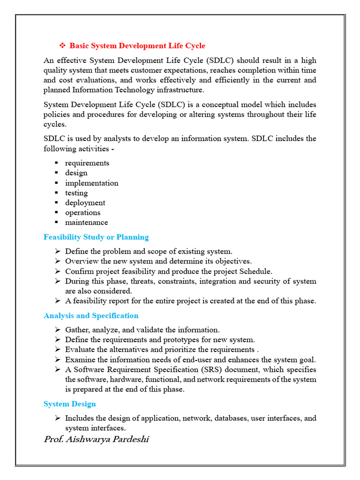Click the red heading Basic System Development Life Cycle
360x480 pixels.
click(x=137, y=46)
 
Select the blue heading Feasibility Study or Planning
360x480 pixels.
click(x=96, y=237)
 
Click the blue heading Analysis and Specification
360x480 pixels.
click(x=91, y=315)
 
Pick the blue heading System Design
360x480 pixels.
click(x=70, y=404)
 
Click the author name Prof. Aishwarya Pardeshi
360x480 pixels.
click(x=97, y=439)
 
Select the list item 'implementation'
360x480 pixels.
click(x=91, y=183)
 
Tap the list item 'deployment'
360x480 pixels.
click(x=85, y=202)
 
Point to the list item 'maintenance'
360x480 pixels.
click(x=86, y=222)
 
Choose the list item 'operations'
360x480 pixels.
click(x=82, y=212)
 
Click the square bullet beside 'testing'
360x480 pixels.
click(x=56, y=193)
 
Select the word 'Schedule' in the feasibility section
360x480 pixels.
click(x=256, y=271)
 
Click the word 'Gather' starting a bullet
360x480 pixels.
click(x=76, y=330)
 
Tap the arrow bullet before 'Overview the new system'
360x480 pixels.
click(x=57, y=262)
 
